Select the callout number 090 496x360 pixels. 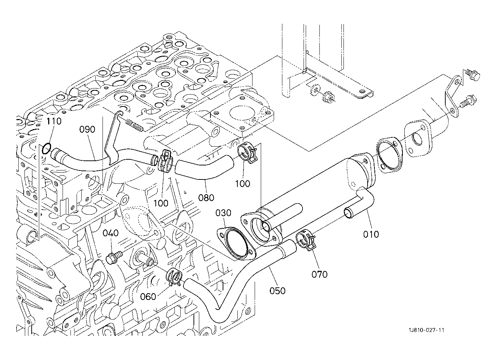tap(87, 129)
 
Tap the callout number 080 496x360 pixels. tap(206, 197)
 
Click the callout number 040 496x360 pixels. tap(110, 233)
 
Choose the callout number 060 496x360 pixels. tap(148, 297)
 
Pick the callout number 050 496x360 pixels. tap(277, 291)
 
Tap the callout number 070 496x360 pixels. tap(319, 274)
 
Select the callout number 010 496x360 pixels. tap(371, 234)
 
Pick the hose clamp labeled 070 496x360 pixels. tap(305, 240)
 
